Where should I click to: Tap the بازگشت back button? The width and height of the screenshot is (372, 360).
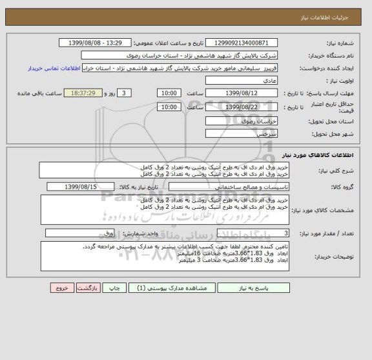tap(87, 307)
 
